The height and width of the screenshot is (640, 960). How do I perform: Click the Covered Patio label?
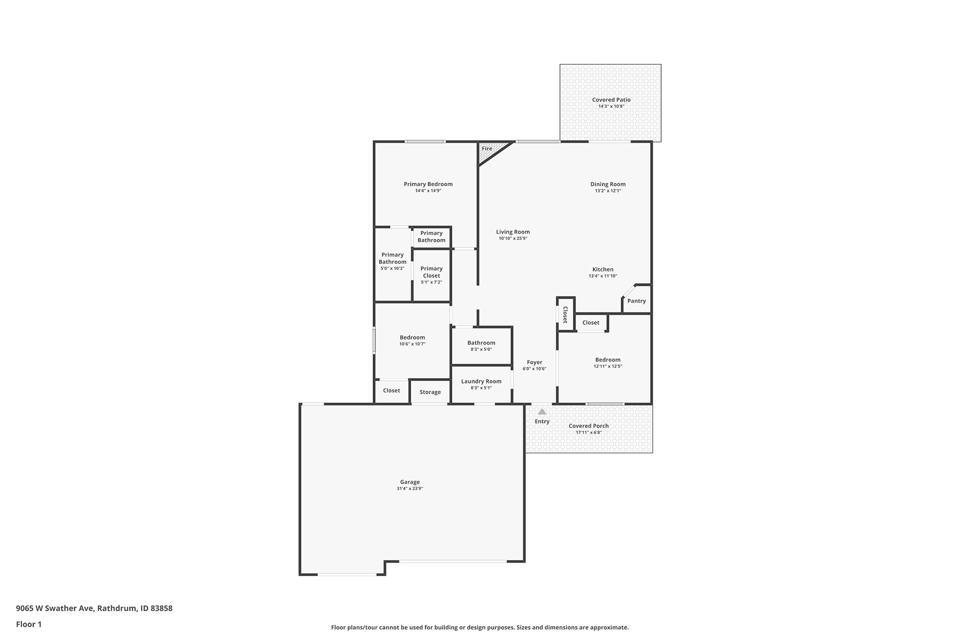click(x=611, y=100)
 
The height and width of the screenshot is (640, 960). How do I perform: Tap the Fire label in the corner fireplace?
click(x=487, y=149)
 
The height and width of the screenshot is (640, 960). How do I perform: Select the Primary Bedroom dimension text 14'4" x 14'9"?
click(x=428, y=191)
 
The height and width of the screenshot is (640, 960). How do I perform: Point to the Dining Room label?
click(x=608, y=185)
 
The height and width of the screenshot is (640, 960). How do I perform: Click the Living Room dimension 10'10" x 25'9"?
click(x=513, y=239)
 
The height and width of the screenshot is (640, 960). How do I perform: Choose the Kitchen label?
click(x=603, y=270)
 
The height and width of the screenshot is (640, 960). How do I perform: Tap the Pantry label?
click(x=637, y=301)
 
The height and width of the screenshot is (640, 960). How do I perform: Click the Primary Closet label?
click(x=431, y=272)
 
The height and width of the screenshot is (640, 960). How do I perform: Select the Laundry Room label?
click(x=482, y=381)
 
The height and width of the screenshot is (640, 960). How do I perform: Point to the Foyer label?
click(x=534, y=363)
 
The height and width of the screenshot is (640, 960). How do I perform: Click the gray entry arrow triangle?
click(x=542, y=412)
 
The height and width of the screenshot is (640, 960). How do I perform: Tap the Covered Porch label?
click(x=589, y=426)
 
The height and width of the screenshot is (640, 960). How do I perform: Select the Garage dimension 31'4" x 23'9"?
click(x=410, y=489)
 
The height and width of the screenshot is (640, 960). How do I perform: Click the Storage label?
click(x=430, y=393)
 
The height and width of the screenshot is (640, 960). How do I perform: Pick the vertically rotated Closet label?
click(x=565, y=315)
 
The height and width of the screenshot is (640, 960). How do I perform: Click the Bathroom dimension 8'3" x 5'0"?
click(x=481, y=350)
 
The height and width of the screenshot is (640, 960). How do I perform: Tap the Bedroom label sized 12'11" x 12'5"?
click(x=608, y=360)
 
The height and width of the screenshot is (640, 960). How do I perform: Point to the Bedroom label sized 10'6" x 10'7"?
click(x=412, y=338)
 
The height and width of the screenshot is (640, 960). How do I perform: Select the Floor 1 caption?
click(x=29, y=625)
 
